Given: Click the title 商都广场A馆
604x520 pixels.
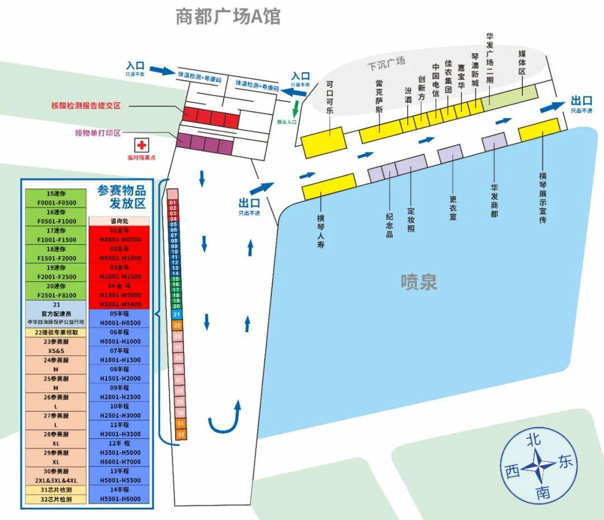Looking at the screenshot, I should [228, 16].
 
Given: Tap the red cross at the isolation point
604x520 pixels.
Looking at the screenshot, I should [142, 145].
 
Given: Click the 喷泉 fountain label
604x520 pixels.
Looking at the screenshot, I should [418, 281].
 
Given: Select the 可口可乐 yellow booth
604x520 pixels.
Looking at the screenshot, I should [323, 142].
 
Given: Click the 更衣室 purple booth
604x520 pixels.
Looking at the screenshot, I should [450, 154].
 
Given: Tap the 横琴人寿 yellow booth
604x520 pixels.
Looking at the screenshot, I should [329, 187].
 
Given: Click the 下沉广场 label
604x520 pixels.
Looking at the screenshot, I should [386, 63].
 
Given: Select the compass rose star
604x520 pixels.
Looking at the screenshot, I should [538, 464].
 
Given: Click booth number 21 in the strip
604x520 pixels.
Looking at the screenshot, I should [177, 315].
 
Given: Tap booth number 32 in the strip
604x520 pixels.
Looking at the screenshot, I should [180, 434].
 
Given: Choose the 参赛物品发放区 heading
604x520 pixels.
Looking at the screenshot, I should [121, 196].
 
